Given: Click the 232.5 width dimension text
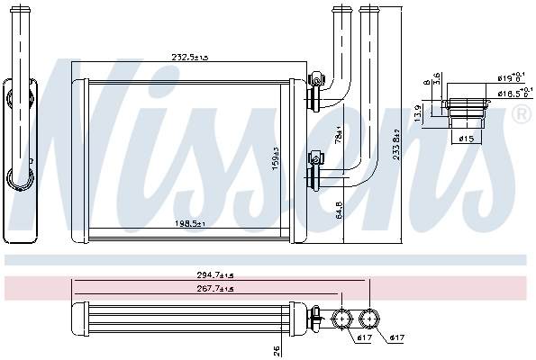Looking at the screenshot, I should [190, 57].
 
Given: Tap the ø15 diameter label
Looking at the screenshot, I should [466, 139].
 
